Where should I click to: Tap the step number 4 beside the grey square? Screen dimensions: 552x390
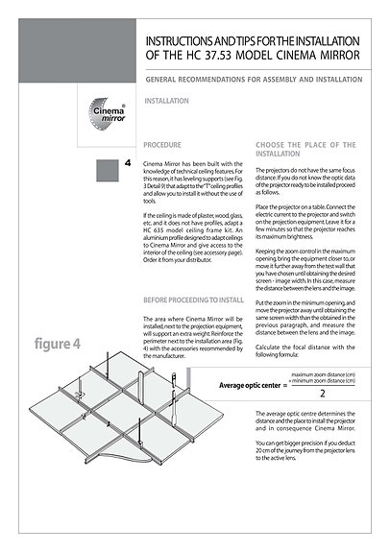(x=128, y=166)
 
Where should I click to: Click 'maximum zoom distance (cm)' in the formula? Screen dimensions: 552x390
(x=323, y=374)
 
